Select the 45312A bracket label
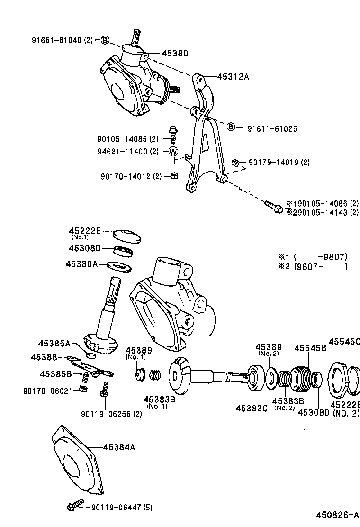(233, 76)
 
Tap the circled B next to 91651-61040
(105, 40)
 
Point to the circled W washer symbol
(173, 152)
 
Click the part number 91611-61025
(272, 128)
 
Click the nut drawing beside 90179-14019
(234, 163)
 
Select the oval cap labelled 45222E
(127, 235)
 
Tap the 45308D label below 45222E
(85, 248)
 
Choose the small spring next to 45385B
(86, 377)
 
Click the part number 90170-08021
(49, 391)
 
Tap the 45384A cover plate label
(119, 447)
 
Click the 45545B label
(310, 348)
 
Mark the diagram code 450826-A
(338, 514)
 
